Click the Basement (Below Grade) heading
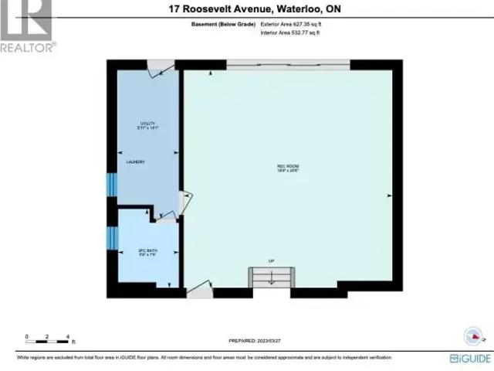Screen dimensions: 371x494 tap(223, 25)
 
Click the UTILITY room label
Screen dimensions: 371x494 tap(147, 124)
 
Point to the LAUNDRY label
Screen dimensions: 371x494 tap(136, 162)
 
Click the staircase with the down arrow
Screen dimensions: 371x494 tap(271, 277)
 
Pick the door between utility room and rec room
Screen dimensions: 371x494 tap(183, 203)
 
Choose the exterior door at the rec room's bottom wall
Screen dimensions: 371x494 tap(198, 291)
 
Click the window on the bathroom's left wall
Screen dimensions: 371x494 tap(111, 237)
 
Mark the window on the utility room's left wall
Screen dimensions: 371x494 tap(110, 185)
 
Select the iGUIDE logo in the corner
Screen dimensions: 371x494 tap(468, 358)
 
